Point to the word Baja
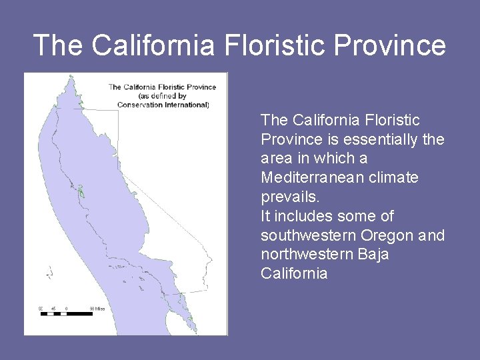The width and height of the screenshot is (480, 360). pos(373,255)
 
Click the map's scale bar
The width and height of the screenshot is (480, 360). pos(66,313)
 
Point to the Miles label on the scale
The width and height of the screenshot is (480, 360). pos(97,309)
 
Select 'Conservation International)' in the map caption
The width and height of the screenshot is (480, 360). pos(163,105)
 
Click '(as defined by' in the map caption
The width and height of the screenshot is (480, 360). pos(163,95)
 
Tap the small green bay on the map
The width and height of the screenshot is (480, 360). pos(81,193)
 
